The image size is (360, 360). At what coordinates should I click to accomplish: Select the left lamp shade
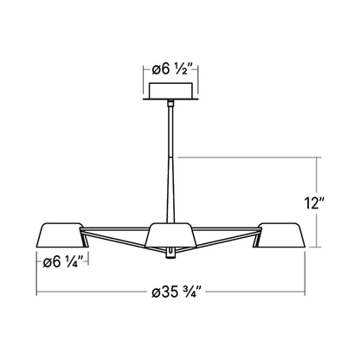pyautogui.click(x=58, y=234)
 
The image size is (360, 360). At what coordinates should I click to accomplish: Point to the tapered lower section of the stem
pyautogui.click(x=172, y=190)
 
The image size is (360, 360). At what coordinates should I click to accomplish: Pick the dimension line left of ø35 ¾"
pyautogui.click(x=87, y=292)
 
